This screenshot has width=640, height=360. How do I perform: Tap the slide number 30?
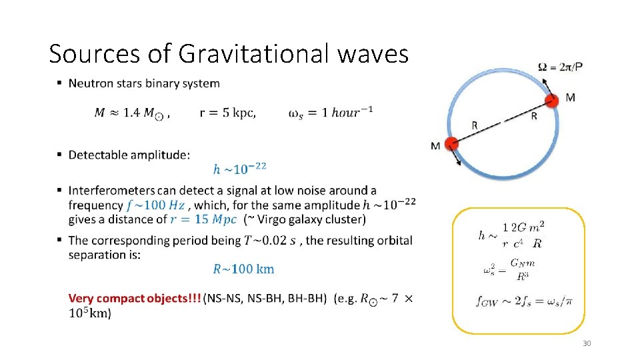pos(587,343)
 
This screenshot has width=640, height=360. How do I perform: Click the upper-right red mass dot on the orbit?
pos(551,101)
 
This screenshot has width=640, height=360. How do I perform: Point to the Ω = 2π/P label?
pos(564,67)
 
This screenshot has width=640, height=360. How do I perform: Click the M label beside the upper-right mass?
pos(570,97)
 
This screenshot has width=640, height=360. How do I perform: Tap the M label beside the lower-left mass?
pos(435,146)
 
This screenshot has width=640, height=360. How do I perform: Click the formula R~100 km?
pos(243,269)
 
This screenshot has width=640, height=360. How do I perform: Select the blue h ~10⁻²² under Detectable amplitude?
pos(239,167)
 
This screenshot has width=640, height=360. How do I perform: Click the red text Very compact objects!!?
pos(135,299)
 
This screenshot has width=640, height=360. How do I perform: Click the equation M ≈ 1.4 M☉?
pos(129,114)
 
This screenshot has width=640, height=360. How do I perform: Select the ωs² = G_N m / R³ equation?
pos(511,270)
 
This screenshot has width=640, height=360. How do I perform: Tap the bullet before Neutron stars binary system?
pos(59,83)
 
